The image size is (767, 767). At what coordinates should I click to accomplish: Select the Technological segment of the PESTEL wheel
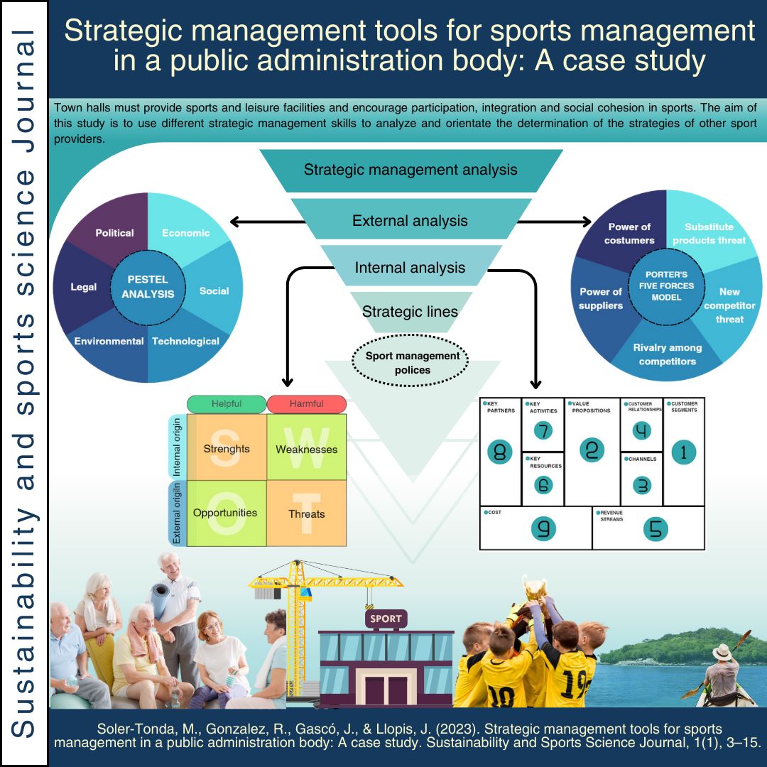coord(185,342)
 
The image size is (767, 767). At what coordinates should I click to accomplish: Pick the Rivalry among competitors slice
coord(667,354)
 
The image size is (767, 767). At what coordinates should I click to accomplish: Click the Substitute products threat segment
coord(709,234)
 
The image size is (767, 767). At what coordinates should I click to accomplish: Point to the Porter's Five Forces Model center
coord(667,285)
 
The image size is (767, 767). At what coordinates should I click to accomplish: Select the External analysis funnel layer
coord(410,220)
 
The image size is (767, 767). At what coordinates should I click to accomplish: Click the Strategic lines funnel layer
coord(410,311)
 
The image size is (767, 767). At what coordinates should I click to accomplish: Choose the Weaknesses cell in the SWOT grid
coord(306,450)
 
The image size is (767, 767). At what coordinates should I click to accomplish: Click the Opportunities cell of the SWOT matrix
coord(225,513)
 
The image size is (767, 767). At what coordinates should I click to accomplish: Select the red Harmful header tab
coord(306,404)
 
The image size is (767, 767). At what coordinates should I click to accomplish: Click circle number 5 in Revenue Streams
coord(655,528)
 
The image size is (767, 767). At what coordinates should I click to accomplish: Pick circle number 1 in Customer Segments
coord(683,452)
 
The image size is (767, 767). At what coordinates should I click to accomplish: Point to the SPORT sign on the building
coord(386,619)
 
